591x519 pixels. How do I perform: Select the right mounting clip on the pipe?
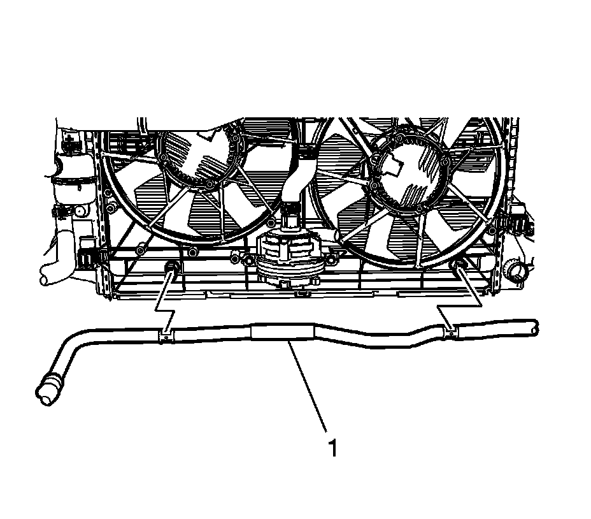[x=451, y=330]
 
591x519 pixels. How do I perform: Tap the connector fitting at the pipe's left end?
[x=50, y=388]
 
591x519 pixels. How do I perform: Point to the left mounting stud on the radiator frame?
[x=171, y=268]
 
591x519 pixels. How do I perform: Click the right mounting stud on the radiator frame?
[x=458, y=267]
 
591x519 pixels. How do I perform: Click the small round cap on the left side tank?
[x=79, y=211]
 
